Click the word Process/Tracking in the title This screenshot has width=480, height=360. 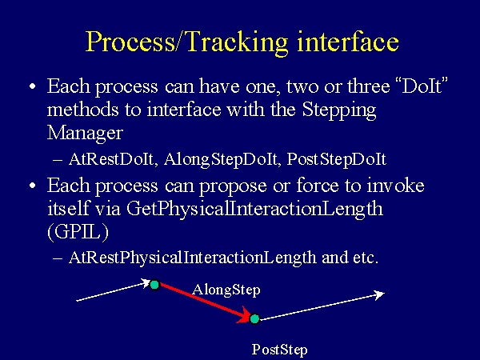click(186, 42)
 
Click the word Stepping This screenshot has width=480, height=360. click(339, 111)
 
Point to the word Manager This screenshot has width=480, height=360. click(85, 134)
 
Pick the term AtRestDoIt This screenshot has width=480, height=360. click(111, 159)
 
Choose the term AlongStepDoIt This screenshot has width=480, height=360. click(221, 160)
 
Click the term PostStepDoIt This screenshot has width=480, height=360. click(337, 160)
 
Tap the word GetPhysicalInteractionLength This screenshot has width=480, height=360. click(254, 210)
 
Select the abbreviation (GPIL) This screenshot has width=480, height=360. click(78, 232)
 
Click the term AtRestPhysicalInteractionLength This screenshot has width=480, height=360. click(193, 258)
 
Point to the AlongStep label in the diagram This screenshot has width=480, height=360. click(226, 290)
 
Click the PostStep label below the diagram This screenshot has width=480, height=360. click(279, 350)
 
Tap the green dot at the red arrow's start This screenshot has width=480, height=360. click(154, 285)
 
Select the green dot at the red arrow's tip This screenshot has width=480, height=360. click(254, 319)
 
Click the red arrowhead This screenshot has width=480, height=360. click(244, 315)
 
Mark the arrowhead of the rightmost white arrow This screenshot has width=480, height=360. click(380, 294)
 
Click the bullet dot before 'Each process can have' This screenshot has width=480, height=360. click(33, 87)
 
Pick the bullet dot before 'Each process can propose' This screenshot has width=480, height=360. click(33, 186)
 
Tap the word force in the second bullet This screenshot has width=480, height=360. click(317, 186)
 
